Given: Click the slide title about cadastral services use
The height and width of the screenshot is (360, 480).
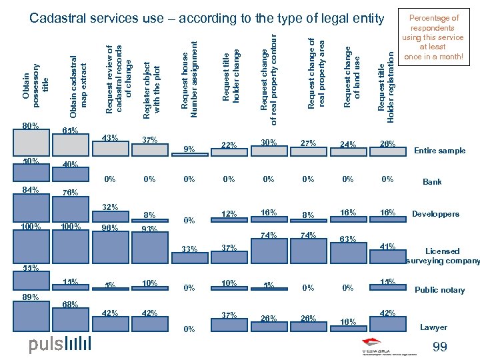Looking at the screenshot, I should click(x=207, y=18).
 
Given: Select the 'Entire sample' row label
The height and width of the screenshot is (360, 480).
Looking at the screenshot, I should click(x=440, y=151).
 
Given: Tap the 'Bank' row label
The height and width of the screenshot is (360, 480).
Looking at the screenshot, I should click(x=432, y=181).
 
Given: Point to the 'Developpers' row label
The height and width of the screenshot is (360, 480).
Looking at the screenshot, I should click(x=435, y=214).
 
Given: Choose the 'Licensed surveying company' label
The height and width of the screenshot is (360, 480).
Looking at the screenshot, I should click(x=442, y=256).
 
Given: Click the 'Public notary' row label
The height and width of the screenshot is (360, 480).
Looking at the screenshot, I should click(x=440, y=290).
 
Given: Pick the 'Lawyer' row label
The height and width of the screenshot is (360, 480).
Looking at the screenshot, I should click(x=433, y=327).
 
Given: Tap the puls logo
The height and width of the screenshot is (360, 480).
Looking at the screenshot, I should click(x=59, y=345).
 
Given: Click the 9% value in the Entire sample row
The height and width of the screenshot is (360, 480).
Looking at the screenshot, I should click(x=189, y=149).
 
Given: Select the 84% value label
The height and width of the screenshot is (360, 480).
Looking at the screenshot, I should click(x=31, y=191).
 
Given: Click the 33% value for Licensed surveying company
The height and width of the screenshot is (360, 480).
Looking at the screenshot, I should click(x=189, y=249).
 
